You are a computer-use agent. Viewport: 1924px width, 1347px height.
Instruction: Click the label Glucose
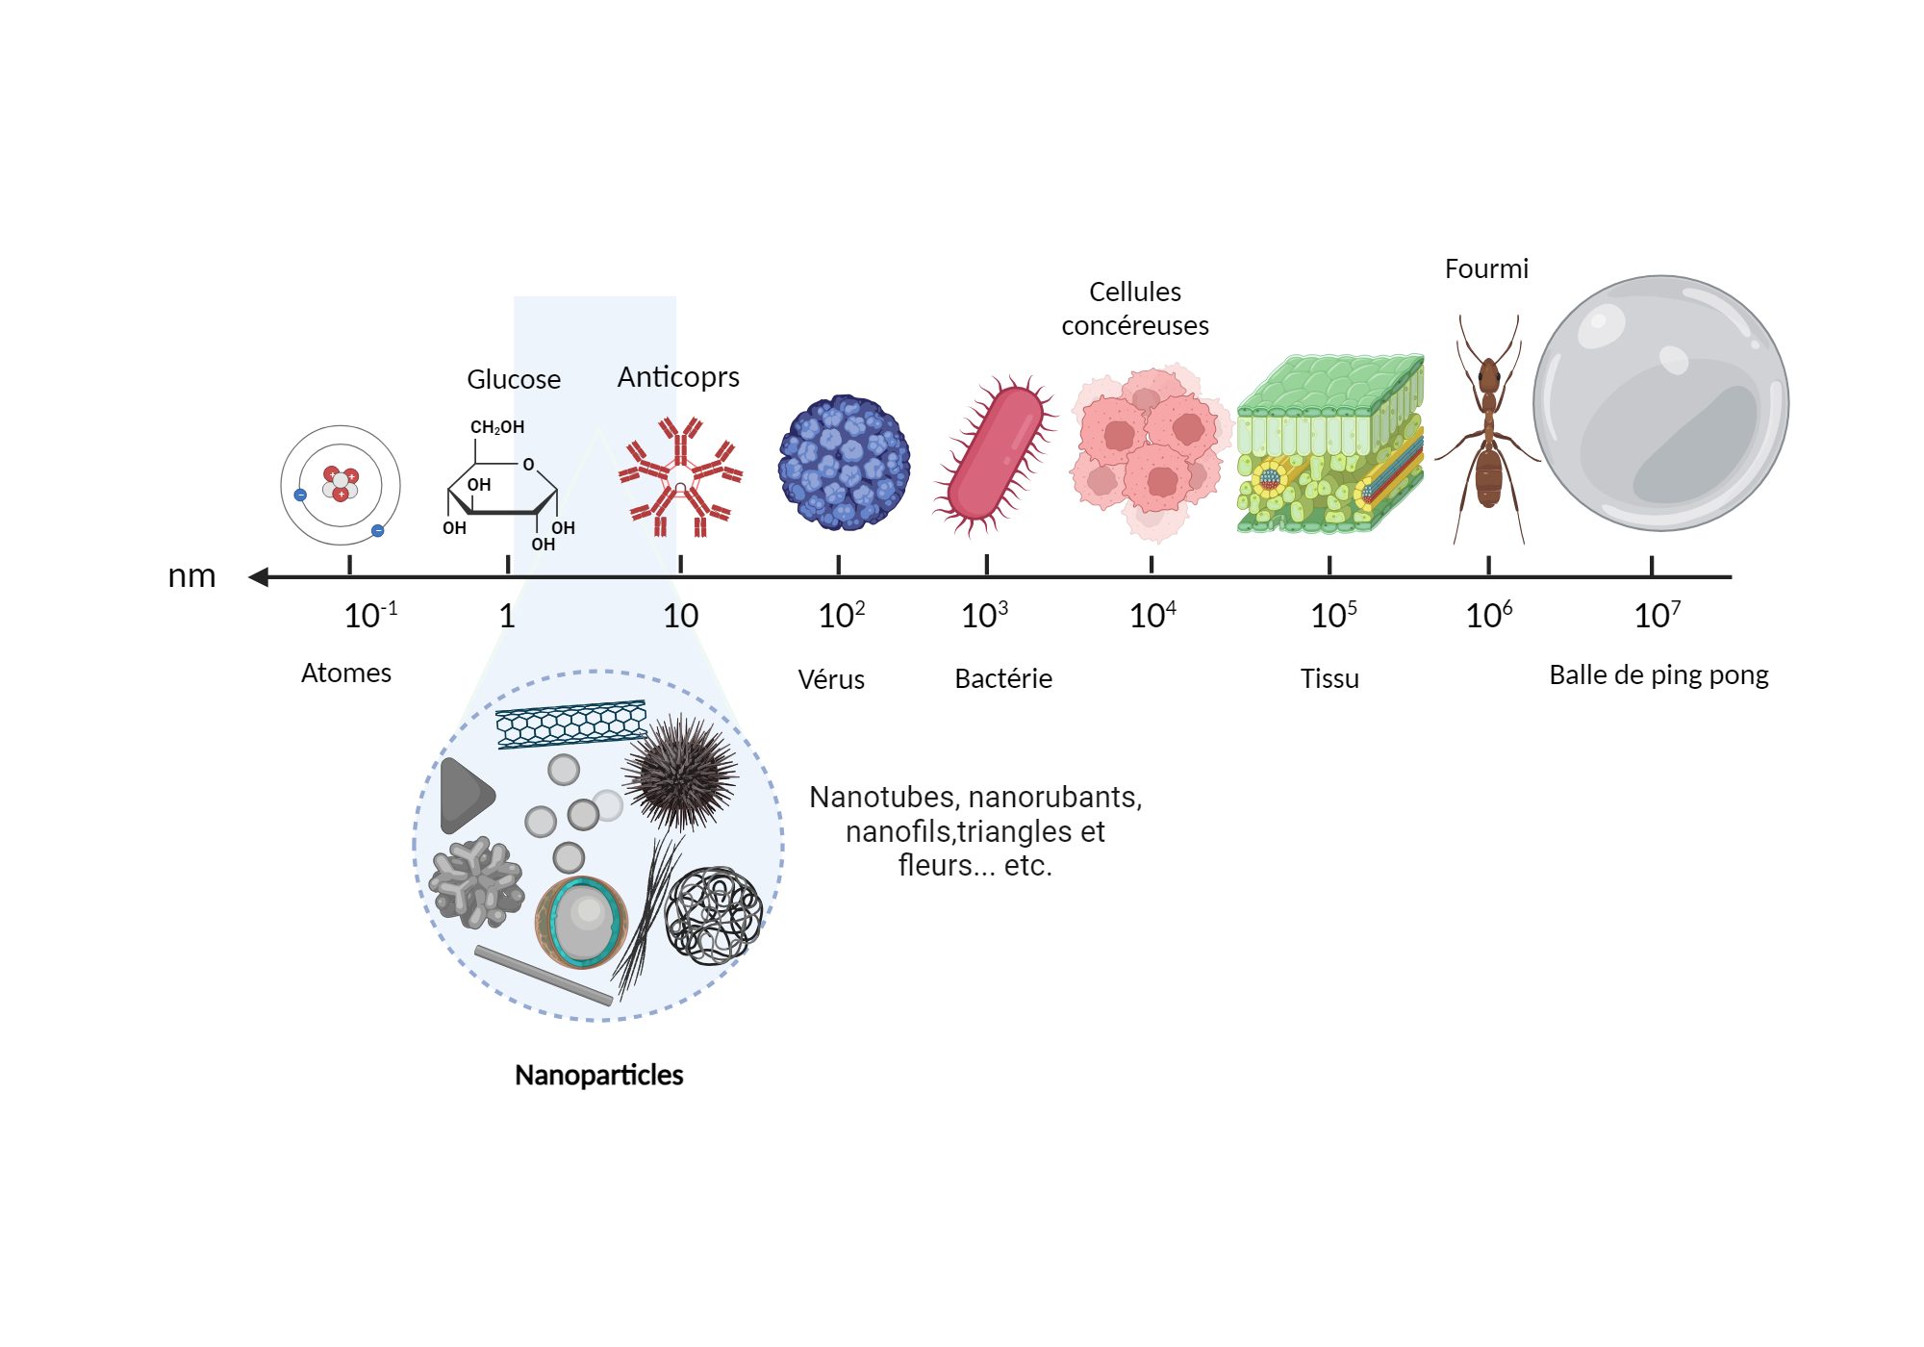[514, 379]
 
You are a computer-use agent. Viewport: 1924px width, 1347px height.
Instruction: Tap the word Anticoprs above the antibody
[678, 377]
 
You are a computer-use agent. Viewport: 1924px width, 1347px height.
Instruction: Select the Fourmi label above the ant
[1486, 269]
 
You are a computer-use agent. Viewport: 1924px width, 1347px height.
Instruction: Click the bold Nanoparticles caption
[598, 1075]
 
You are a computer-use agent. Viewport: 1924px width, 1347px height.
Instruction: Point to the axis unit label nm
[191, 575]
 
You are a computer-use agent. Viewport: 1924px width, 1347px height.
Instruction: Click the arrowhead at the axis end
[259, 576]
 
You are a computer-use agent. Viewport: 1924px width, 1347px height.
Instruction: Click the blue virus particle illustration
[845, 463]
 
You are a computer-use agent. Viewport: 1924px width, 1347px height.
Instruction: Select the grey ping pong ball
[1660, 403]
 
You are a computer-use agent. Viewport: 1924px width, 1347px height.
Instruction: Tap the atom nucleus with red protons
[341, 484]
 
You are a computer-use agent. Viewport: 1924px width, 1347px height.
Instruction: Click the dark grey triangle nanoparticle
[465, 796]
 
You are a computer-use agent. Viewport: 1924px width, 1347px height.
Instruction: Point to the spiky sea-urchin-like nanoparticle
[681, 773]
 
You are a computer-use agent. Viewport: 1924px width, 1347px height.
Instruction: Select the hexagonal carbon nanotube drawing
[570, 724]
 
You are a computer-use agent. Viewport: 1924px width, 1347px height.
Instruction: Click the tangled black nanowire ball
[714, 915]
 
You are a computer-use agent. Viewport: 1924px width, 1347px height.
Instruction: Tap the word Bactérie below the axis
[1002, 679]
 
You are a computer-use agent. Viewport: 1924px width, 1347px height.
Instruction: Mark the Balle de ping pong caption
[1658, 675]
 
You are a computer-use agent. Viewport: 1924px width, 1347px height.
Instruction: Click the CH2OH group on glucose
[496, 427]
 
